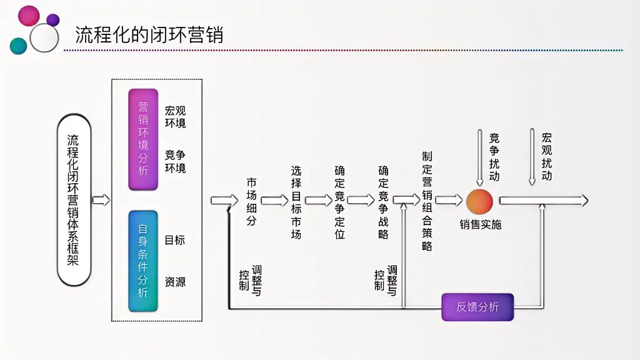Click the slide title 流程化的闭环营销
click(149, 34)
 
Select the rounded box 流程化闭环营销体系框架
click(74, 200)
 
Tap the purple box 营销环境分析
click(143, 139)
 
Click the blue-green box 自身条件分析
click(143, 261)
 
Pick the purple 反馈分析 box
click(477, 307)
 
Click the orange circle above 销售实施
click(479, 201)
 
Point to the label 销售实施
click(480, 224)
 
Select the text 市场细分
click(251, 201)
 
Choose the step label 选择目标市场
click(296, 202)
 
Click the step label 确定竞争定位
click(339, 202)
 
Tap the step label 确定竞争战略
click(383, 202)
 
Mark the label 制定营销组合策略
click(427, 201)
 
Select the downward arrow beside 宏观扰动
click(532, 157)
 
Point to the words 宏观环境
click(175, 116)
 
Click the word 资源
click(175, 282)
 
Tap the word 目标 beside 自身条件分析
click(175, 240)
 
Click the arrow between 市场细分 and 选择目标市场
click(274, 201)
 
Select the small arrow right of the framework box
click(101, 201)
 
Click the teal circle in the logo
click(19, 46)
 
